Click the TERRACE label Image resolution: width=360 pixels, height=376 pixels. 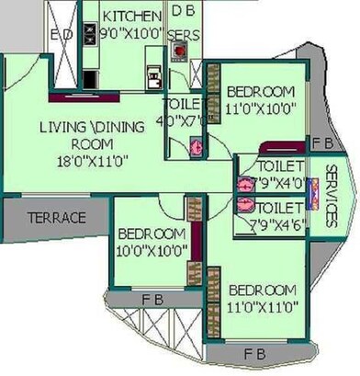pyautogui.click(x=56, y=218)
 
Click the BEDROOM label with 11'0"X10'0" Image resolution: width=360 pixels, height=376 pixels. pyautogui.click(x=261, y=92)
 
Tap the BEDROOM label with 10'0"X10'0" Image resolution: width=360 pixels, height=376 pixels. pyautogui.click(x=152, y=233)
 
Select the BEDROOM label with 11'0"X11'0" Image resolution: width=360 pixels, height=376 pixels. pyautogui.click(x=263, y=290)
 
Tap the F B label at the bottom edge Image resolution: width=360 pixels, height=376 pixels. pyautogui.click(x=256, y=352)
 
